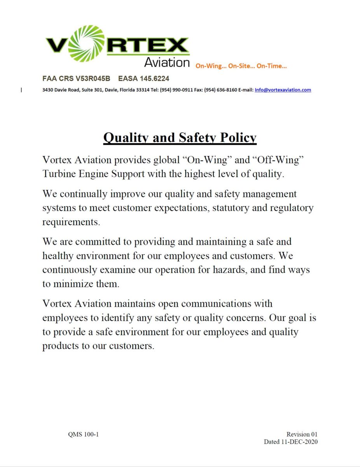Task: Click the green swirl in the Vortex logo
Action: [87, 44]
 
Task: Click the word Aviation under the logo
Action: [167, 62]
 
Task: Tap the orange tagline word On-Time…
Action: [272, 66]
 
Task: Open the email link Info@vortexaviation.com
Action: [283, 90]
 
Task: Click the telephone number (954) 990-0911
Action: [176, 90]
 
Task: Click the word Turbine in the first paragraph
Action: [59, 174]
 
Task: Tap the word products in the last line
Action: [60, 346]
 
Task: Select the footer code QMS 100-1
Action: [83, 434]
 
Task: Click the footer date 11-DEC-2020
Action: [298, 442]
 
